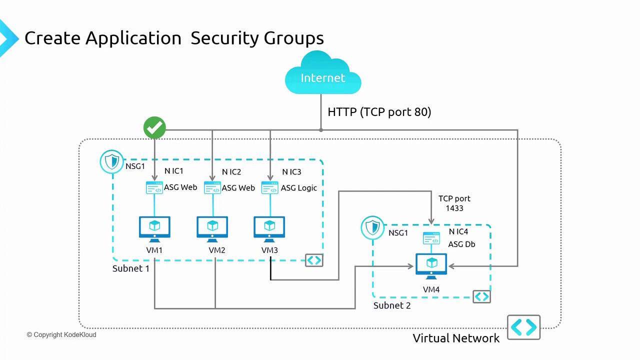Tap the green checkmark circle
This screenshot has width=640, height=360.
point(154,128)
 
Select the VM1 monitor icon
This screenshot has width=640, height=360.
point(154,228)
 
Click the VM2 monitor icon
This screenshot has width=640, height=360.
point(212,228)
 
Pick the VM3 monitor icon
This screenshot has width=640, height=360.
point(269,228)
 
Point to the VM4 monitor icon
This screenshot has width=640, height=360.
point(431,266)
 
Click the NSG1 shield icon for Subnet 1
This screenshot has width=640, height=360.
point(111,161)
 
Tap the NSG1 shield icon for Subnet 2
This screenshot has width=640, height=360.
point(372,227)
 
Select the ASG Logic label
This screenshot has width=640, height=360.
point(299,188)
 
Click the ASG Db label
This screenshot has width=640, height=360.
point(461,244)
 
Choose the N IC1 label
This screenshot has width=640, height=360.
point(174,172)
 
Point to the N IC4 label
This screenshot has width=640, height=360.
point(458,232)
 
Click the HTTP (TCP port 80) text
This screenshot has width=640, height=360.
point(379,112)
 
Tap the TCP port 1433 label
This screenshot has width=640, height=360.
point(454,203)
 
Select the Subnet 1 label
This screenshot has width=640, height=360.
point(131,268)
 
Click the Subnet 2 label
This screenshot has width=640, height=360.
point(392,305)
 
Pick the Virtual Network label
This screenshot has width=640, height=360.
point(456,338)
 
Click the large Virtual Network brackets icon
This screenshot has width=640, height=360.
point(523,327)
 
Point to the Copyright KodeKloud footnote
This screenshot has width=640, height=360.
point(61,334)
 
